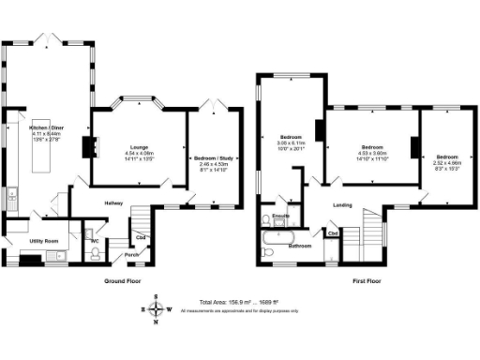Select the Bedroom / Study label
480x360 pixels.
[216, 158]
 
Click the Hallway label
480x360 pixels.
[114, 204]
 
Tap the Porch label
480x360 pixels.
[132, 254]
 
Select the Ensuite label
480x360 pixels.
[278, 217]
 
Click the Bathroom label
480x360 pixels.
[300, 246]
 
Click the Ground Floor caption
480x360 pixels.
[122, 279]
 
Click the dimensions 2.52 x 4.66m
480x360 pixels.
[446, 163]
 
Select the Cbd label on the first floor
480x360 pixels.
[333, 232]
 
